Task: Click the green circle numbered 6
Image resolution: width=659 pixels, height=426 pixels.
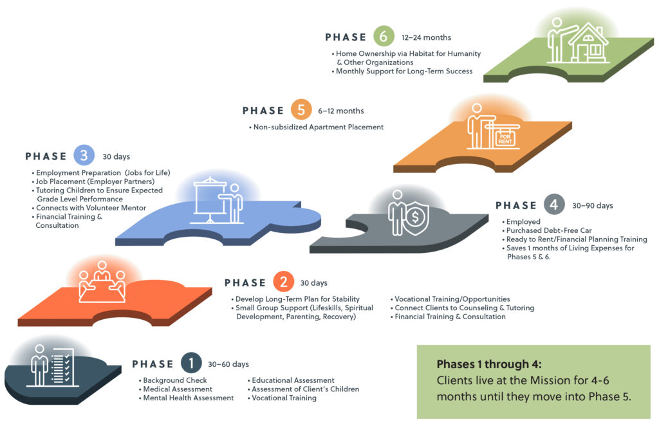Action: click(x=384, y=36)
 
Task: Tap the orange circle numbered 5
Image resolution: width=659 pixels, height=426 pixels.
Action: click(x=301, y=109)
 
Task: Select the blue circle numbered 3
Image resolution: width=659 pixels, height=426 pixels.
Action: click(x=84, y=156)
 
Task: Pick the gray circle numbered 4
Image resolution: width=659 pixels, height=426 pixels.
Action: click(x=554, y=205)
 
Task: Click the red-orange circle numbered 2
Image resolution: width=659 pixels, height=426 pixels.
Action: click(x=283, y=281)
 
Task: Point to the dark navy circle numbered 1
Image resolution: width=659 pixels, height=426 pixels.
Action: click(x=191, y=363)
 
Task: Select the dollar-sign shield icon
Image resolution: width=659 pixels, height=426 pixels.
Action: click(x=415, y=218)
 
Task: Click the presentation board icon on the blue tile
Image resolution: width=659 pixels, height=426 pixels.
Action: click(x=210, y=200)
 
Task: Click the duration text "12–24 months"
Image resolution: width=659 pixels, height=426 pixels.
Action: click(x=426, y=37)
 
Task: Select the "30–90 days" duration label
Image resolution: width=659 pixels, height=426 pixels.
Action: click(x=593, y=205)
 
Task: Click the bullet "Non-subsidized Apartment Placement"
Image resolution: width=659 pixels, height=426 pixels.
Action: click(x=317, y=127)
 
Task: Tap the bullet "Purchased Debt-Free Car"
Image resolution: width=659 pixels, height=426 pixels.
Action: click(x=547, y=230)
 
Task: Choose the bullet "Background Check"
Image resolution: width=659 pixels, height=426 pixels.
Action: click(x=172, y=380)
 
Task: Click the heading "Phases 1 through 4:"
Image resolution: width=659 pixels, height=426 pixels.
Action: click(x=489, y=364)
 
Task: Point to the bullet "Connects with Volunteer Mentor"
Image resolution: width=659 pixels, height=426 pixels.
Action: click(x=89, y=208)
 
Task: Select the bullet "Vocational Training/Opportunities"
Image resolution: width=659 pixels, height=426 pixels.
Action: click(x=450, y=299)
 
